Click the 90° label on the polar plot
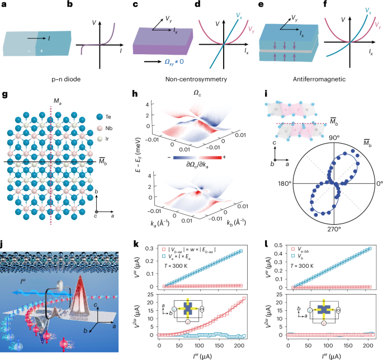tap(334, 138)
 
